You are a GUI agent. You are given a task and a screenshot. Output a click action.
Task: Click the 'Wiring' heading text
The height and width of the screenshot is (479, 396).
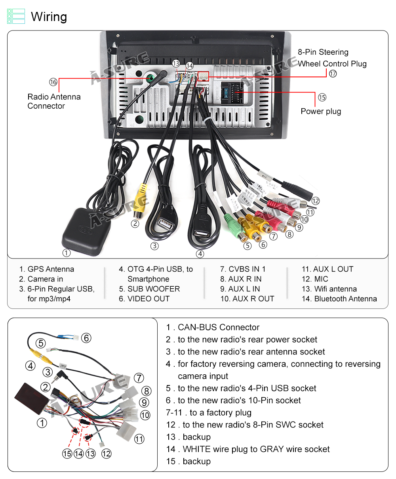click(x=49, y=17)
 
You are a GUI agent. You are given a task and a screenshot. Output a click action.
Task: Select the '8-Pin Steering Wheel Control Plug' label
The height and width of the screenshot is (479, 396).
click(x=332, y=58)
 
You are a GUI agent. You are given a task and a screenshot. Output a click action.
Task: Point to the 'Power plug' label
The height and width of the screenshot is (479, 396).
click(x=321, y=111)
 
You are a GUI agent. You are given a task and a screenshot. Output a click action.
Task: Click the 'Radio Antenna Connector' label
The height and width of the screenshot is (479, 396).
click(x=54, y=102)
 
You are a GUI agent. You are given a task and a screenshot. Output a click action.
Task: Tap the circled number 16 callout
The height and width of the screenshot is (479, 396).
click(x=53, y=82)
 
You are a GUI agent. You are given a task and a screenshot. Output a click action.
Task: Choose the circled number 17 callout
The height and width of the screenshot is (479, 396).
click(x=333, y=73)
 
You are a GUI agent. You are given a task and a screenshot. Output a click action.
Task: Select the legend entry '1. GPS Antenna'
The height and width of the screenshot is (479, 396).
click(x=47, y=269)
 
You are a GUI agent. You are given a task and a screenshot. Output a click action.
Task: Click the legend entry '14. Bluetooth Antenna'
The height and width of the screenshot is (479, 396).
click(x=339, y=299)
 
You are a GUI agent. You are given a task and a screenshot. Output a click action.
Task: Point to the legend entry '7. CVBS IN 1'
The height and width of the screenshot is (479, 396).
click(x=243, y=269)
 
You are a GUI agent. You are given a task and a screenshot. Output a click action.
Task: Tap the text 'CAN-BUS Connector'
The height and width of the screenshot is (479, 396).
click(x=219, y=328)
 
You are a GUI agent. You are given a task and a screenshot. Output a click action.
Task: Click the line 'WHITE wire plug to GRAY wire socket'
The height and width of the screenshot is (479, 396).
click(x=256, y=449)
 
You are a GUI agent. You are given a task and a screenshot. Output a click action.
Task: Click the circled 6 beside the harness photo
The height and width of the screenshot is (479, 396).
click(x=86, y=338)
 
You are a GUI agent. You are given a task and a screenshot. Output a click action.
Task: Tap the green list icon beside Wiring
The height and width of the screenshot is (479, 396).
click(x=16, y=16)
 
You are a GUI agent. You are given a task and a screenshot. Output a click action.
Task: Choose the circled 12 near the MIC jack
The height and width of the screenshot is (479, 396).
click(x=315, y=201)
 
